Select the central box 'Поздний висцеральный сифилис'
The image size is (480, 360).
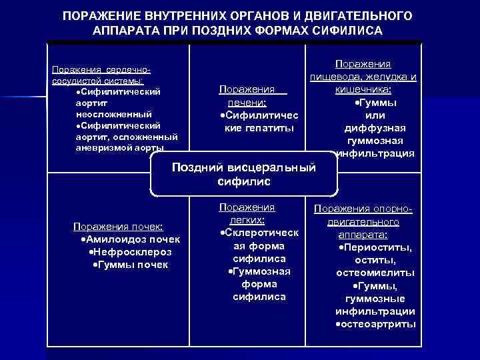[243, 174]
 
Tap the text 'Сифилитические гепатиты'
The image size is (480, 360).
[256, 121]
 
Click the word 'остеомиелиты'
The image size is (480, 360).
[375, 273]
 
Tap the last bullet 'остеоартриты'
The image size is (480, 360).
[375, 323]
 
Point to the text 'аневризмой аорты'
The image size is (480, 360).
[107, 147]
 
